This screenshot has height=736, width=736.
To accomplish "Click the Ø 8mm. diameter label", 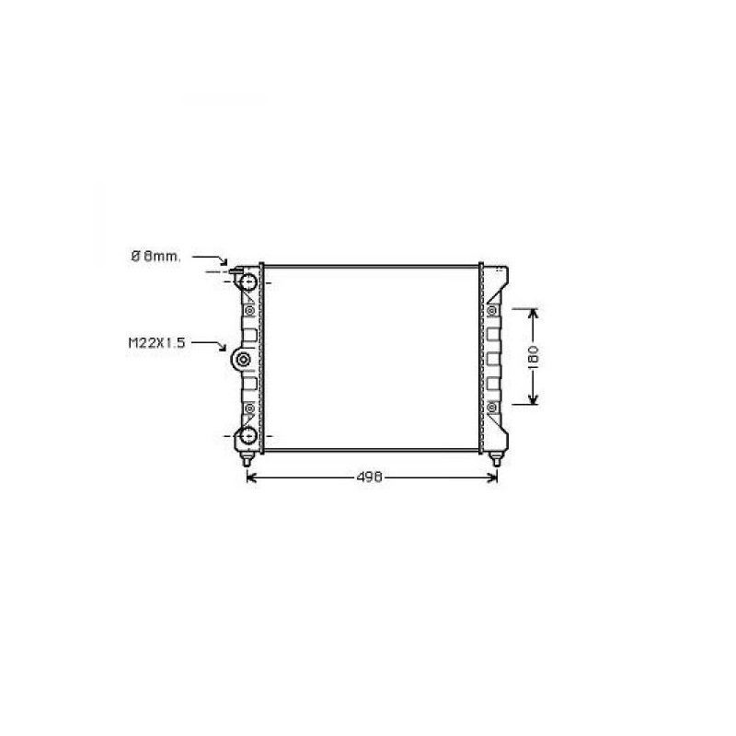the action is pyautogui.click(x=155, y=257).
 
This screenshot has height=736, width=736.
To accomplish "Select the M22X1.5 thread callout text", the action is pyautogui.click(x=157, y=342).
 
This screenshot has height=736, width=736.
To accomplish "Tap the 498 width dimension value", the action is pyautogui.click(x=370, y=477).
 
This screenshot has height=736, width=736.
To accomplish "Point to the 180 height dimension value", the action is pyautogui.click(x=535, y=356).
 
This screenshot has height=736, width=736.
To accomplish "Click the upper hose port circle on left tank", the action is pyautogui.click(x=247, y=282).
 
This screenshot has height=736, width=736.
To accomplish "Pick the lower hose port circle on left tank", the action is pyautogui.click(x=247, y=435).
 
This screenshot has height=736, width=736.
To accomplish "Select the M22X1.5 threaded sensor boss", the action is pyautogui.click(x=243, y=360).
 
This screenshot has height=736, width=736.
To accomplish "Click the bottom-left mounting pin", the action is pyautogui.click(x=247, y=458).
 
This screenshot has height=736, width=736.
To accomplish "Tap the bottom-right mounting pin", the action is pyautogui.click(x=495, y=458).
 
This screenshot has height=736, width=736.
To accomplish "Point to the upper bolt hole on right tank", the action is pyautogui.click(x=491, y=310).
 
